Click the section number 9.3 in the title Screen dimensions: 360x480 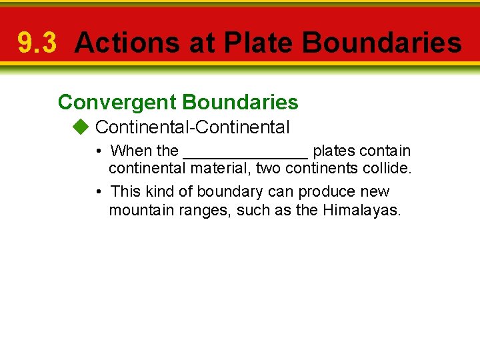tap(37, 43)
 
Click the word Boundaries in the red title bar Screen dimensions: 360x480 tap(381, 43)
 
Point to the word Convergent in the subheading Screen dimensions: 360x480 tap(117, 102)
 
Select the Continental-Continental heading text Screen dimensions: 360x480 tap(193, 127)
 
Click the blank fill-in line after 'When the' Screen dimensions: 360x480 tap(245, 151)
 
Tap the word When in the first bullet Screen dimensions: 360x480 tap(132, 151)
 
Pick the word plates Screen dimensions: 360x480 tap(333, 151)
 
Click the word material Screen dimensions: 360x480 tap(220, 169)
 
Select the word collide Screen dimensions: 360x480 tap(390, 169)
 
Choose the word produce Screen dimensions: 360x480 tap(327, 192)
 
